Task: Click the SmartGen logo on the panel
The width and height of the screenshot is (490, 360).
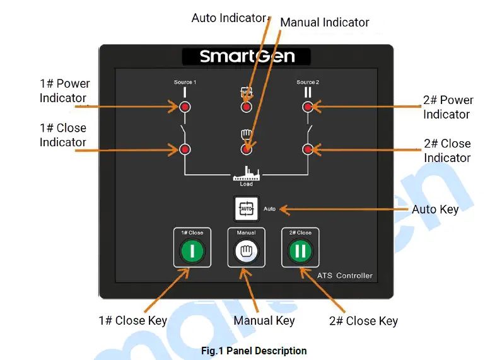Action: click(x=247, y=56)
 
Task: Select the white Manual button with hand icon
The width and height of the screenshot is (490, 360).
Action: click(x=246, y=252)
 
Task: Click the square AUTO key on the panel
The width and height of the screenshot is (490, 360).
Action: click(x=246, y=209)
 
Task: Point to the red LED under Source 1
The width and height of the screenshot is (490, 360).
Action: click(x=185, y=107)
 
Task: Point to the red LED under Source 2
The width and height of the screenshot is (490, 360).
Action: click(x=308, y=107)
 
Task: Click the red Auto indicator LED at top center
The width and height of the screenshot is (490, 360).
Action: click(x=246, y=107)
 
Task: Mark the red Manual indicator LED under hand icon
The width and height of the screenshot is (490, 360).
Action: click(x=246, y=149)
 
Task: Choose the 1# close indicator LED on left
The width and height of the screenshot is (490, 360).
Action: click(x=185, y=149)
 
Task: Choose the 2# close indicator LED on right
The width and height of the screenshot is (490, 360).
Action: click(x=308, y=149)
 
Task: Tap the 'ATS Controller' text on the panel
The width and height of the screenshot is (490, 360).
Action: click(x=344, y=276)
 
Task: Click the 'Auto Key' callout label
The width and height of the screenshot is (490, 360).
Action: click(x=435, y=209)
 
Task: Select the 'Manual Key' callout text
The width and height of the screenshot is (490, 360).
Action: click(x=264, y=320)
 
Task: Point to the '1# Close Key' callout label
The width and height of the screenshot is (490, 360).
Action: click(x=132, y=320)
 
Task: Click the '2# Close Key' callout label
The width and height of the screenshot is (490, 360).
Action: click(x=363, y=321)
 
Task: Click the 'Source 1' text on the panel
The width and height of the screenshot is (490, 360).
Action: click(x=185, y=83)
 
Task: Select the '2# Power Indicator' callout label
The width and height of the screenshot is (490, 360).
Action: click(x=447, y=107)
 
